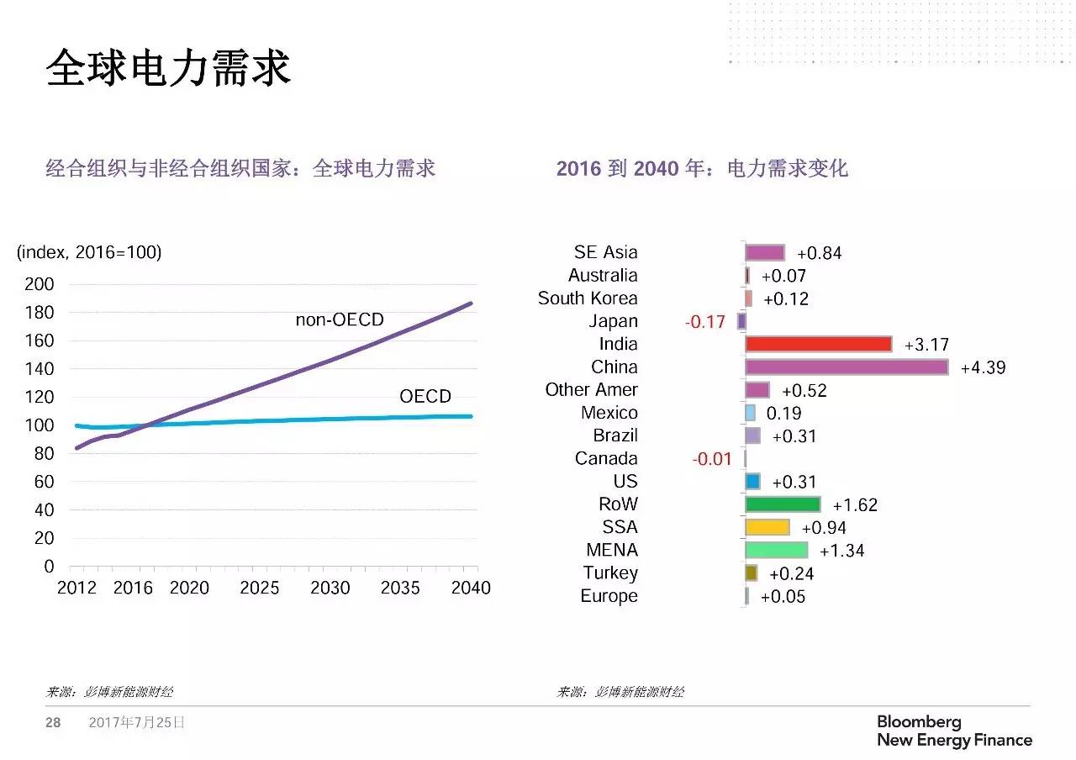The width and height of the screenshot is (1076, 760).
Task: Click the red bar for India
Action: point(818,344)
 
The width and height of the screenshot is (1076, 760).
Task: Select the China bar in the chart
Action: point(847,367)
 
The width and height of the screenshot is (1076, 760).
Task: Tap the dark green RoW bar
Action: point(783,504)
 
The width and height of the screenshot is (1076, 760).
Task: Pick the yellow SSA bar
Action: point(767,527)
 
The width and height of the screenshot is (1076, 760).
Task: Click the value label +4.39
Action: point(983,368)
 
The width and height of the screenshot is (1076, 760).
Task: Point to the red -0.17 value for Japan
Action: point(704,322)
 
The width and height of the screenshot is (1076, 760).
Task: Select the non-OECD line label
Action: point(339,319)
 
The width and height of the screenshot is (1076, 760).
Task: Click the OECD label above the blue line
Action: point(425,396)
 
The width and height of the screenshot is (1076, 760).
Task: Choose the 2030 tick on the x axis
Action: point(330,588)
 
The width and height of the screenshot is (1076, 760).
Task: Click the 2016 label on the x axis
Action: point(133,588)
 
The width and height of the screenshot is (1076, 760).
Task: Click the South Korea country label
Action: point(588,298)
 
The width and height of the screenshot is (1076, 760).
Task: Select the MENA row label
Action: point(612,551)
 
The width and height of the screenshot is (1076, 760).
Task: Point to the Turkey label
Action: point(610,573)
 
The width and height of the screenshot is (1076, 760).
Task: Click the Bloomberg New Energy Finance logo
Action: point(954,731)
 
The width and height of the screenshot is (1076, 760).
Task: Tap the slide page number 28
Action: point(53,722)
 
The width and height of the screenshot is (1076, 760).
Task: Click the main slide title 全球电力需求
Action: point(167,68)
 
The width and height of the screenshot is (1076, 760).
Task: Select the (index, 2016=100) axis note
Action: point(89,252)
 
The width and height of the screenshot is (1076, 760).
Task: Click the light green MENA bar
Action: point(776,550)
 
